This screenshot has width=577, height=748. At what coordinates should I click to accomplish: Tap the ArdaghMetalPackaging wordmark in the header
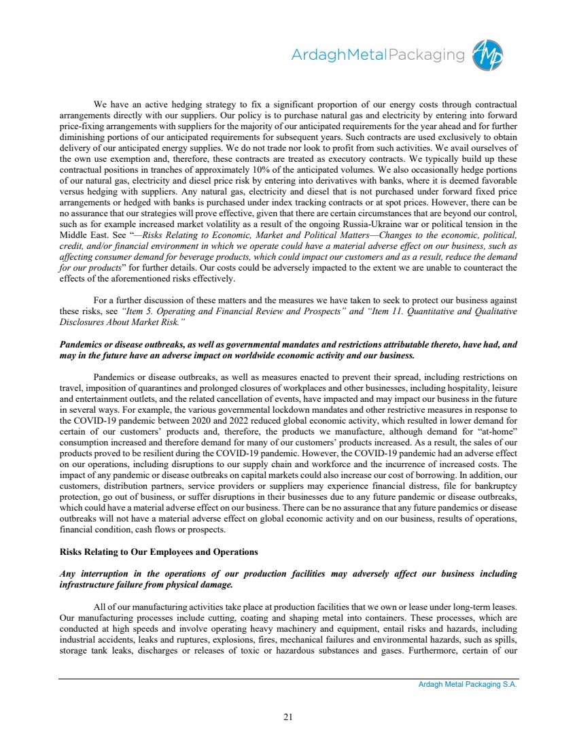pos(379,55)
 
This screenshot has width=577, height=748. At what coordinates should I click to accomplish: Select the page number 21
pos(288,715)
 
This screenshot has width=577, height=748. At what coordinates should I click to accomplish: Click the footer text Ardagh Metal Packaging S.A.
pos(468,685)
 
